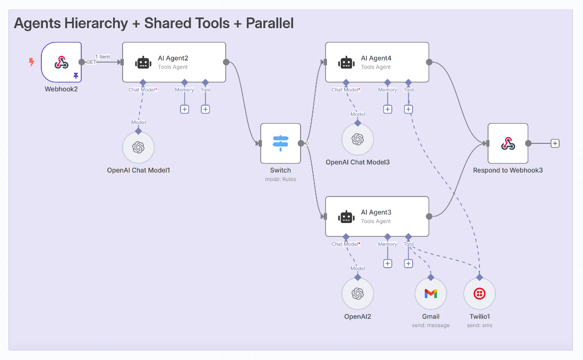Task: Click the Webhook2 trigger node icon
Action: point(61,62)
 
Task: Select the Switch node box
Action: point(280,143)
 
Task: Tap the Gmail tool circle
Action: point(431,294)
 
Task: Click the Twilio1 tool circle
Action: point(479,294)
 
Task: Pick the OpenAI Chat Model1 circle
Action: point(139,147)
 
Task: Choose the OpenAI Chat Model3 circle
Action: point(357,139)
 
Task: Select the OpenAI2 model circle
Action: point(357,294)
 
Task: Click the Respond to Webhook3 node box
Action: point(508,143)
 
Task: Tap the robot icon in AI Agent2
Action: point(143,63)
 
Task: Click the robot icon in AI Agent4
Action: point(346,63)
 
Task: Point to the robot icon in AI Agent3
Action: point(346,217)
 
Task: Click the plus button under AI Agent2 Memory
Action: point(184,109)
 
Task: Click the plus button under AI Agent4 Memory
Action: point(388,109)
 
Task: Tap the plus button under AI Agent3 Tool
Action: point(408,263)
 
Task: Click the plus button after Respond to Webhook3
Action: point(555,143)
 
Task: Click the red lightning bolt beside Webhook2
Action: point(31,62)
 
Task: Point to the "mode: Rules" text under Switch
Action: point(280,179)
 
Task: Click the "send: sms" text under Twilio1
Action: point(479,325)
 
